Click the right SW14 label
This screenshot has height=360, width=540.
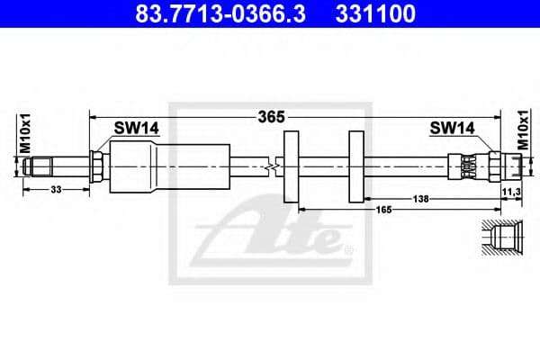452,129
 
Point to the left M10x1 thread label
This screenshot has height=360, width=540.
26,133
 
